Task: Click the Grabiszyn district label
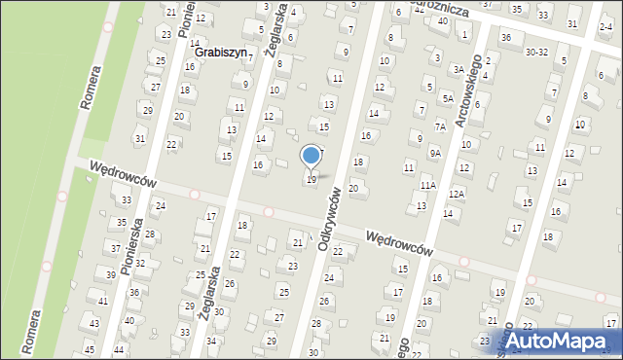(x=222, y=53)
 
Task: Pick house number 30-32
(x=535, y=53)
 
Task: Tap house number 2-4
(x=606, y=30)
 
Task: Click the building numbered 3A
(x=458, y=69)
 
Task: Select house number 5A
(x=447, y=98)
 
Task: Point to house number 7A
(x=440, y=126)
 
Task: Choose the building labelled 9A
(x=435, y=153)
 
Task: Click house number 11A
(x=427, y=184)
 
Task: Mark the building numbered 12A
(x=457, y=194)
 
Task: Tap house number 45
(x=89, y=349)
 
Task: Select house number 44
(x=119, y=348)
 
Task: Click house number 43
(x=94, y=323)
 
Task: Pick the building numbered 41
(x=102, y=301)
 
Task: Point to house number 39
(x=111, y=275)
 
